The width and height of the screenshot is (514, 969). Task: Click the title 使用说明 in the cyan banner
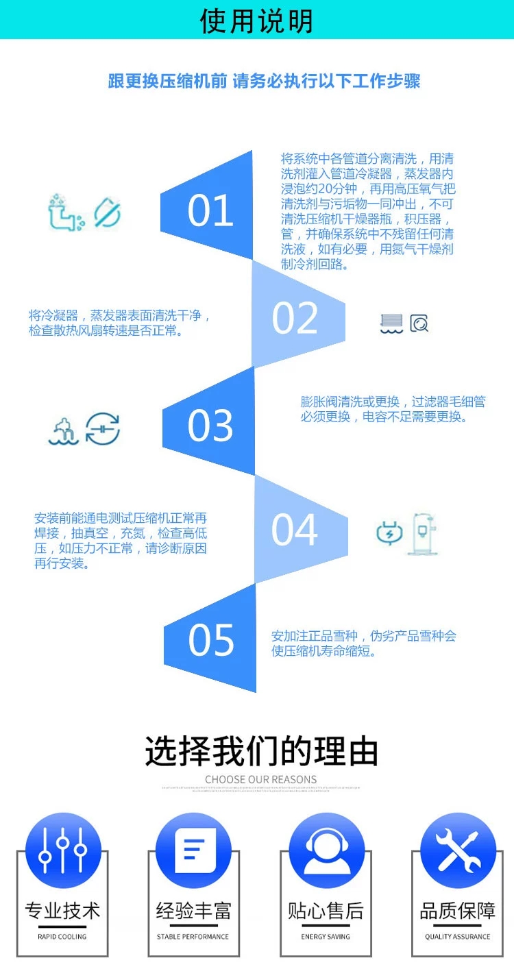click(x=256, y=21)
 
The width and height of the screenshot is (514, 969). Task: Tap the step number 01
click(x=210, y=210)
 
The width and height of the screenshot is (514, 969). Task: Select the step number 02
click(x=295, y=318)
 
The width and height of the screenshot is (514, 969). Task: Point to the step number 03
click(x=210, y=426)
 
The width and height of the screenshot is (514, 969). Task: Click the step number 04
click(x=295, y=530)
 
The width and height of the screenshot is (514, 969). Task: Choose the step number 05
click(x=210, y=640)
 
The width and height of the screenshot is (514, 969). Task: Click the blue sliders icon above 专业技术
click(x=62, y=850)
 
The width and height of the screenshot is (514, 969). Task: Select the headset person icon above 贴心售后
click(x=326, y=850)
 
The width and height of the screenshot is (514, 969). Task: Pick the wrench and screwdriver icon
click(x=458, y=850)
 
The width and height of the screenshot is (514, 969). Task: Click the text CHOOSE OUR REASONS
click(x=260, y=779)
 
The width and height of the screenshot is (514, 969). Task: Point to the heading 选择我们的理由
click(x=261, y=751)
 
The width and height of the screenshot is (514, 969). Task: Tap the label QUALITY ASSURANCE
click(x=457, y=936)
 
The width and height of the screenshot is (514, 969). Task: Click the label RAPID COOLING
click(x=62, y=936)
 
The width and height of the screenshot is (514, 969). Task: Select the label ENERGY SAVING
click(x=326, y=936)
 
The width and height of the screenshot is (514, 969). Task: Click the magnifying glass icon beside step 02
click(x=419, y=323)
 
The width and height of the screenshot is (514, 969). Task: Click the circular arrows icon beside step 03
click(x=103, y=429)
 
